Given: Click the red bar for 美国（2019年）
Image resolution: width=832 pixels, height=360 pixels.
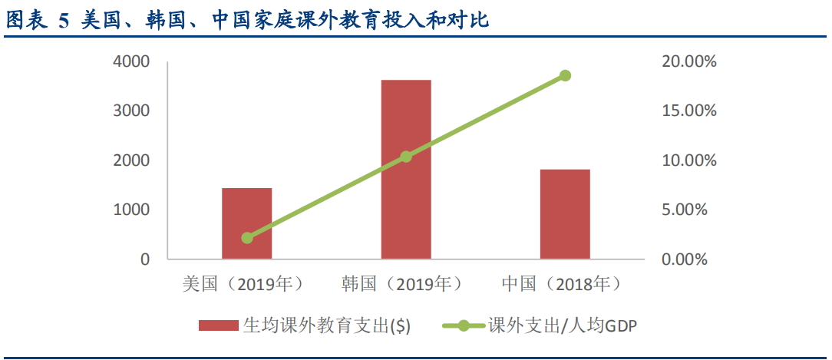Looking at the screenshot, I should pos(247,223).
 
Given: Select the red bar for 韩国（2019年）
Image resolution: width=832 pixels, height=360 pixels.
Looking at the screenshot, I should pos(406,169).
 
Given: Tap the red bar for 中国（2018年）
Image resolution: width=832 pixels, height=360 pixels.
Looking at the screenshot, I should pos(565,214).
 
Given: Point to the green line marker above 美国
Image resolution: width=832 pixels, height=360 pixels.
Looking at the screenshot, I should pos(247,238).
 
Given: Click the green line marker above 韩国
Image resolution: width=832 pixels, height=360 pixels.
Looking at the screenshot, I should pos(406,157).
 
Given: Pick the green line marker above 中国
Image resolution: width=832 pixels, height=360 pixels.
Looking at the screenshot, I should pos(565,75).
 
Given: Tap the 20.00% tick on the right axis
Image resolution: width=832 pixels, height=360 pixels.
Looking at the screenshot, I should pos(688,61).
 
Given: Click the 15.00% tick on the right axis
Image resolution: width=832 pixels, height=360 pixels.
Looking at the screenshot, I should pos(688,111).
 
